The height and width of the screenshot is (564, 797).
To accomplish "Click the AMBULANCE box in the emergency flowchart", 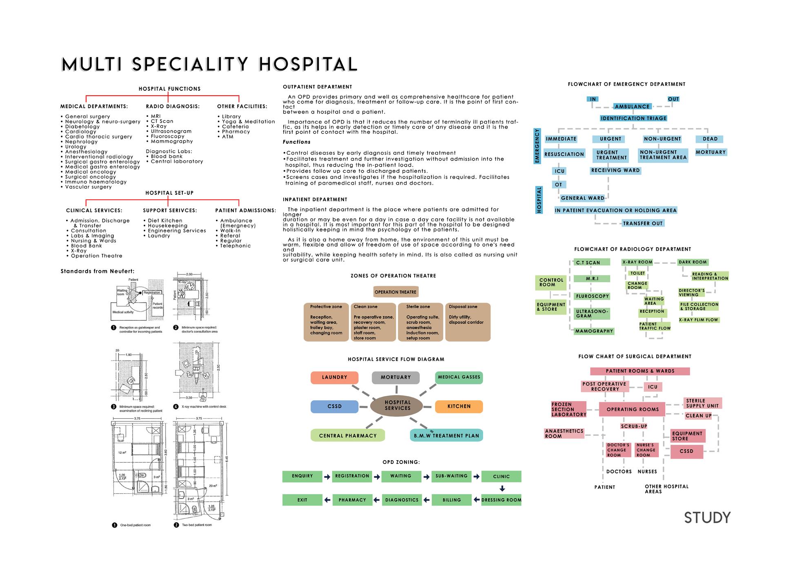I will [632, 107].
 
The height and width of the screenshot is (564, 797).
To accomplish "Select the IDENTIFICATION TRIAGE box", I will [633, 118].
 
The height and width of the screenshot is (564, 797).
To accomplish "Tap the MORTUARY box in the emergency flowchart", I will [710, 152].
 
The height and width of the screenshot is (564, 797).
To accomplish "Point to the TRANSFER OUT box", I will [643, 223].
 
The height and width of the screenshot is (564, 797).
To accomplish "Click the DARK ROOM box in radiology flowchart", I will [693, 262].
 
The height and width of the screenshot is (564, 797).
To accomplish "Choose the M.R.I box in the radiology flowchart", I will [592, 279].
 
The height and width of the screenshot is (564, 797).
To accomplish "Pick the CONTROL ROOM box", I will [551, 282].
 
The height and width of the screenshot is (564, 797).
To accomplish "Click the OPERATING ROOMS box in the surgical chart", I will [632, 409].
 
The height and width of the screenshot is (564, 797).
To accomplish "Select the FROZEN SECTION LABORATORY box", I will [568, 409].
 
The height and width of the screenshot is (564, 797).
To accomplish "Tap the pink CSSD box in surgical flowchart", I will [686, 451].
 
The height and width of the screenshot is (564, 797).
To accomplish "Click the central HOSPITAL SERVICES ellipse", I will [397, 406].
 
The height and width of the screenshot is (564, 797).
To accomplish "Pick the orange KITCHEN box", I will [459, 406].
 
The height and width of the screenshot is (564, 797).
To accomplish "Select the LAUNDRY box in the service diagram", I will [334, 377].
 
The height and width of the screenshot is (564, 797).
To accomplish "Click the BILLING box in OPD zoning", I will [451, 500].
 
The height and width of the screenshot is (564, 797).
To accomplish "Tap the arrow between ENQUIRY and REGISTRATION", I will [327, 477].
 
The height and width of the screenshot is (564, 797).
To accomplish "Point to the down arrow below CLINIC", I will [502, 488].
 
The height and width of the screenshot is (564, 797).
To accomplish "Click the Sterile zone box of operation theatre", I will [419, 322].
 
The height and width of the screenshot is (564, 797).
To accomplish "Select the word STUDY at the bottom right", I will [707, 518].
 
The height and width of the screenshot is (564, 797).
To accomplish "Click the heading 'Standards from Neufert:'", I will [98, 271].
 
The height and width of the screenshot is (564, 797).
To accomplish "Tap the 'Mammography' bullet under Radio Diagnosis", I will [171, 141].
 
